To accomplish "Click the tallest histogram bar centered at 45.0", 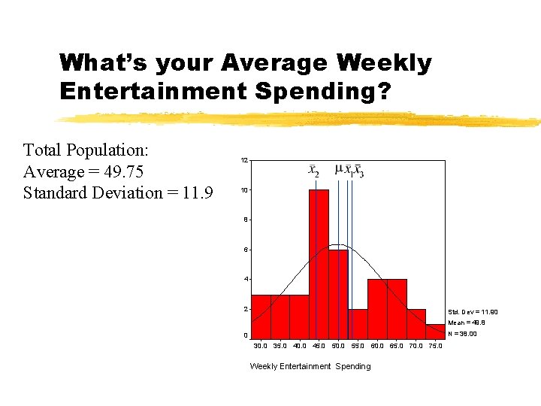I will click(x=319, y=263).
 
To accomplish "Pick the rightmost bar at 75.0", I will click(x=436, y=332).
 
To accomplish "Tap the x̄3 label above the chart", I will click(x=359, y=171).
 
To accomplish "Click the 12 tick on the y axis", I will click(x=244, y=161).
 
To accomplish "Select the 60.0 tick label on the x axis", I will click(x=377, y=346).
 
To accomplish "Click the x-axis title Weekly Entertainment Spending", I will click(x=310, y=366).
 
